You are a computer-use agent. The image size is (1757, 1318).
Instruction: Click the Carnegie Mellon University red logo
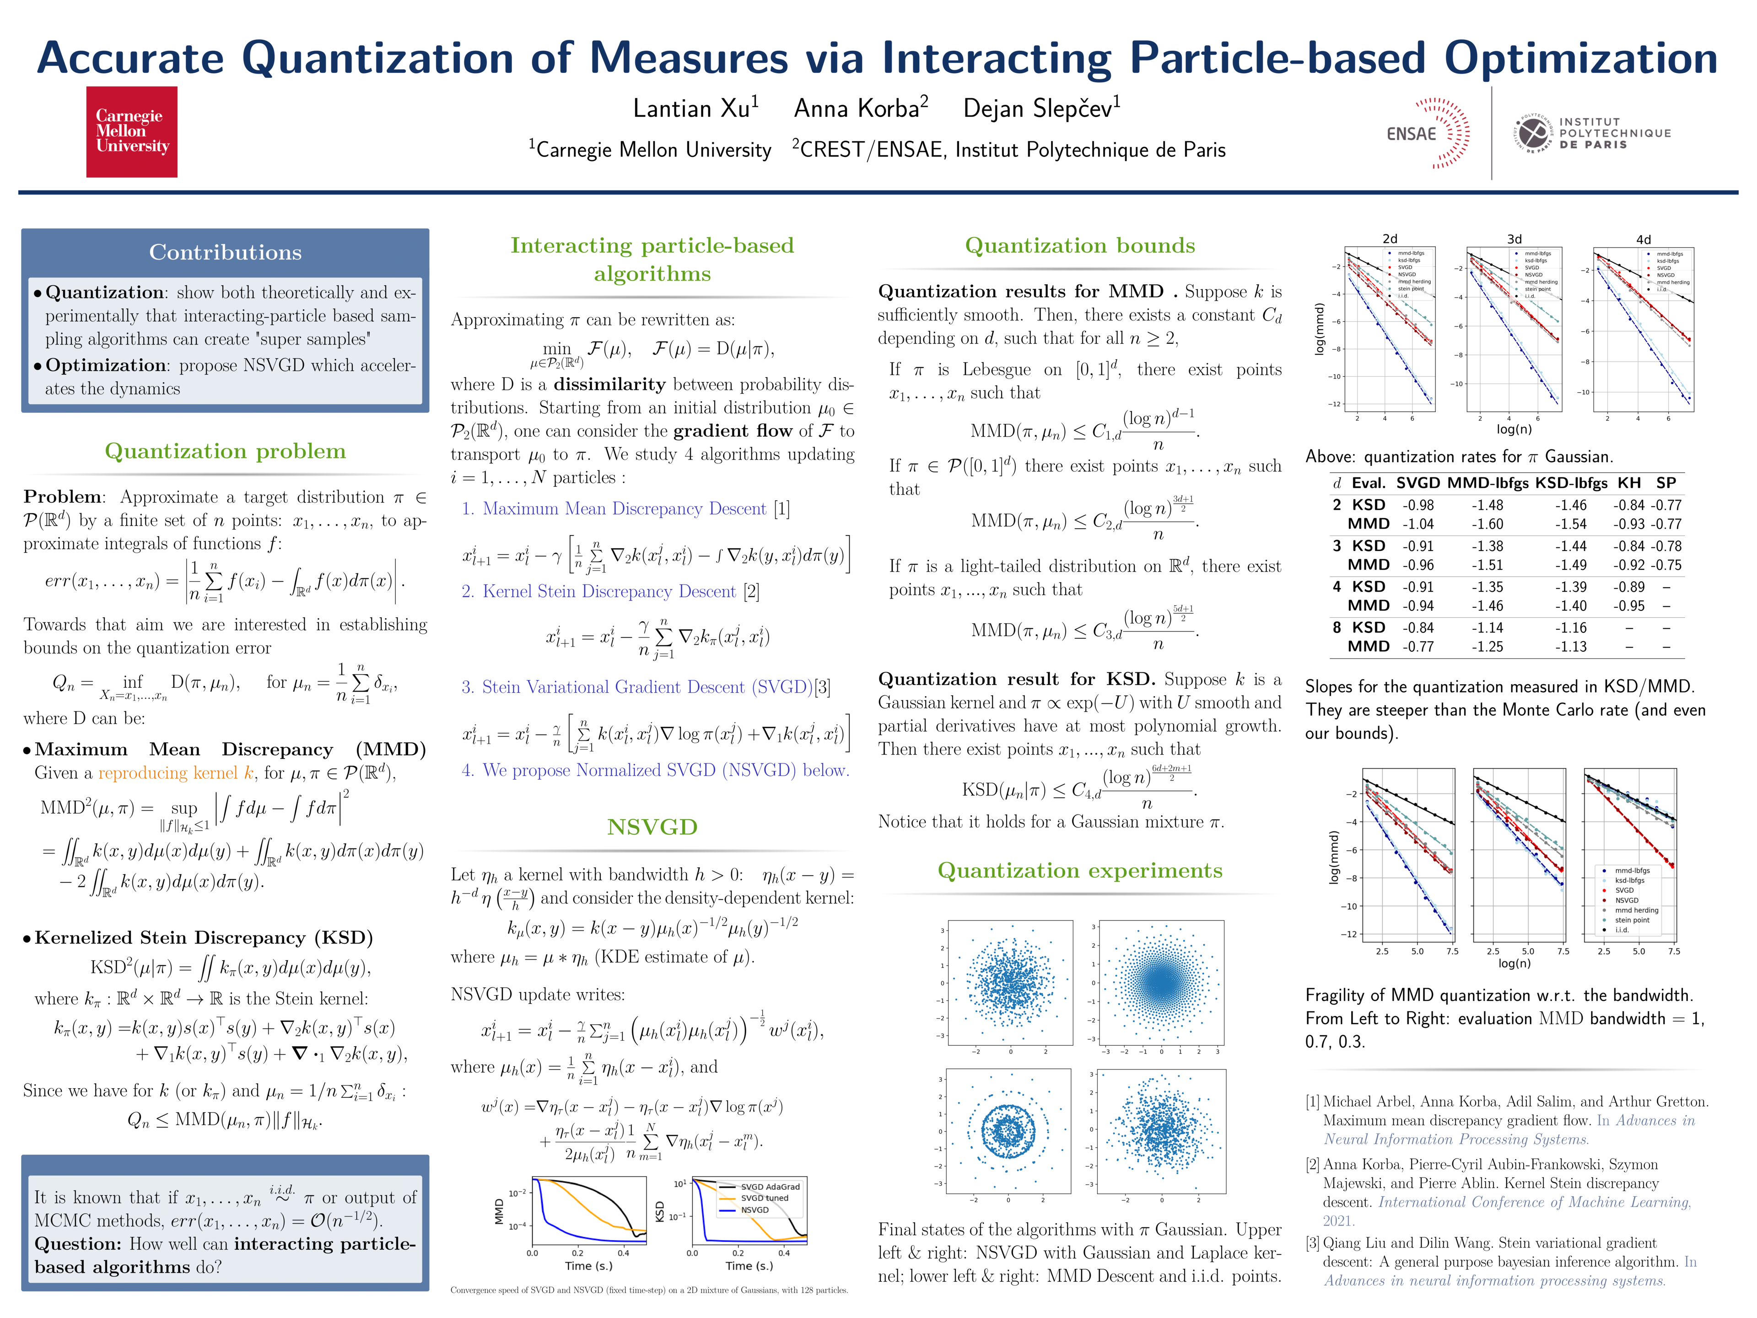132,132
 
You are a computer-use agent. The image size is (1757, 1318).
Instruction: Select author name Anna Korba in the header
860,108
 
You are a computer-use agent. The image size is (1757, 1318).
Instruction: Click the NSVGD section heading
652,827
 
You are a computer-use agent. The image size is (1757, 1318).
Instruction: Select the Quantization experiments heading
1079,871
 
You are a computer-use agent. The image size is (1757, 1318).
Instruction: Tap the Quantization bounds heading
1079,245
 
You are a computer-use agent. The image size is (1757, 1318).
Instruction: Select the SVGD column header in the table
1418,483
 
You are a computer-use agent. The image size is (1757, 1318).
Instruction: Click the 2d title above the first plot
1389,238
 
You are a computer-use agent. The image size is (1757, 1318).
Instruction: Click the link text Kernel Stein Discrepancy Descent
609,592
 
